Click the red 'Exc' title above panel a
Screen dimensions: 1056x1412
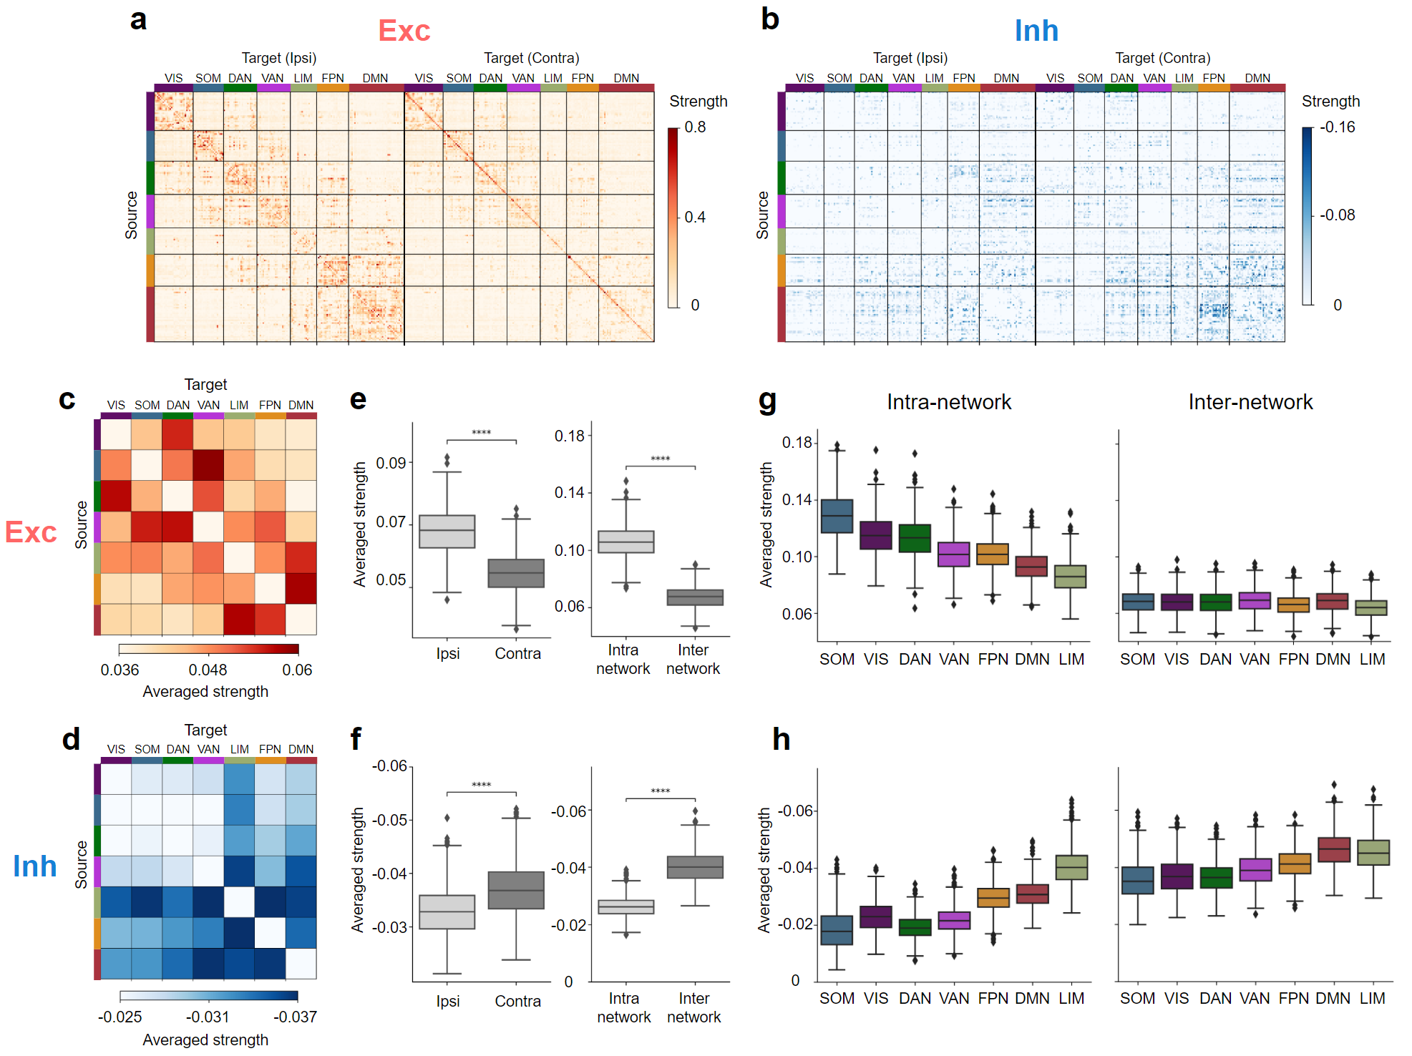(404, 31)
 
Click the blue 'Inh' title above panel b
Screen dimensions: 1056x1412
(1036, 31)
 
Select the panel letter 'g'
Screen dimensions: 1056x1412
(766, 401)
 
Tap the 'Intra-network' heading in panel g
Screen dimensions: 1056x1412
(949, 402)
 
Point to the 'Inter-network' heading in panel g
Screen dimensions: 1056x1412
(1250, 402)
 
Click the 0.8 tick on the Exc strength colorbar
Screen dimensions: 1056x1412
(695, 127)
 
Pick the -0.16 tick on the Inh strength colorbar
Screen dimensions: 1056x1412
(1338, 127)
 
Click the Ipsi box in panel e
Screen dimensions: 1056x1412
(447, 532)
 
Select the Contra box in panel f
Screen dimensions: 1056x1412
(516, 890)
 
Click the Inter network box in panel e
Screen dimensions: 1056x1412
(695, 597)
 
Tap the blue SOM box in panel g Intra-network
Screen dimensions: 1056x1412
(837, 516)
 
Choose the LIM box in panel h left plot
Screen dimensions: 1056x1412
(1071, 867)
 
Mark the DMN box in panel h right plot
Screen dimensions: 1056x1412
(1333, 849)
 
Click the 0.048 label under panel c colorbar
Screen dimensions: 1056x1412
(208, 670)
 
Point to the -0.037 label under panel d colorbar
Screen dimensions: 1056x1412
(295, 1017)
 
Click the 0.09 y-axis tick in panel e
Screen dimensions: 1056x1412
(391, 463)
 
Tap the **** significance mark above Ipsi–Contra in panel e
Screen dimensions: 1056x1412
(481, 433)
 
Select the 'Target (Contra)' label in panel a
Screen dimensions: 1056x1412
(531, 58)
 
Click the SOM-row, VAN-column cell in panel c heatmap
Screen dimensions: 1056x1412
(208, 465)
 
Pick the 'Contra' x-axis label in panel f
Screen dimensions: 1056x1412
(517, 1001)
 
